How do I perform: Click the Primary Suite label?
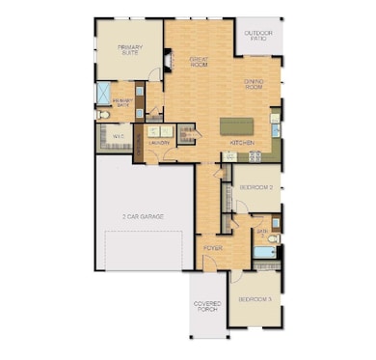(128, 49)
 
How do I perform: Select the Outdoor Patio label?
(259, 36)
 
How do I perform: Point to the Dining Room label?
(255, 84)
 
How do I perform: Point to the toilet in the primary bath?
(102, 115)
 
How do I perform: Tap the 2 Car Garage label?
(143, 216)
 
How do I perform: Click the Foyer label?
(213, 247)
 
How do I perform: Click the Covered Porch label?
(207, 308)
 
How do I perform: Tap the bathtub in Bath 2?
(263, 253)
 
